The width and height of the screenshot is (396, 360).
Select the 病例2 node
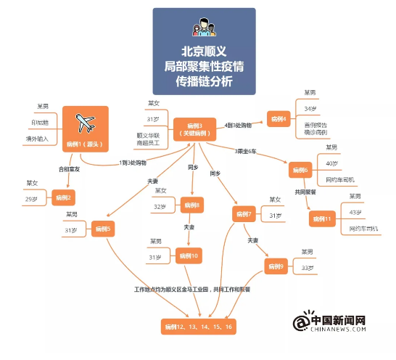(64, 197)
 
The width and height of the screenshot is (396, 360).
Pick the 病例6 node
(300, 170)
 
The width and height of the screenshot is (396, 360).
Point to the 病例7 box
(244, 214)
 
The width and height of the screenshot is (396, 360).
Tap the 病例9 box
(276, 266)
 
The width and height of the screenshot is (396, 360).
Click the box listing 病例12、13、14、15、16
(198, 327)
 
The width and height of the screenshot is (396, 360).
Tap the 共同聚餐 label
(307, 192)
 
